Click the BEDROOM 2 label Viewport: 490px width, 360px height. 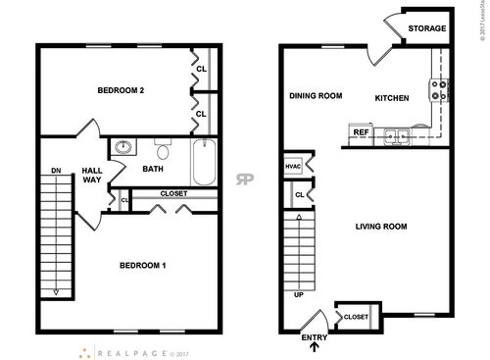(x=121, y=91)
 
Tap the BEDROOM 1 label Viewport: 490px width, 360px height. (x=142, y=266)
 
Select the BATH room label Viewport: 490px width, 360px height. (x=153, y=170)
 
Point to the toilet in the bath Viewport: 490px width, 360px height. (x=164, y=151)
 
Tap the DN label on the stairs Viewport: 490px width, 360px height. (x=57, y=172)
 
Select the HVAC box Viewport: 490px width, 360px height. (x=293, y=167)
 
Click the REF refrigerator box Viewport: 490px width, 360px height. (x=361, y=132)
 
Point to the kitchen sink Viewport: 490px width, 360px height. (x=397, y=135)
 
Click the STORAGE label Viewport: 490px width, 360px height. (x=427, y=29)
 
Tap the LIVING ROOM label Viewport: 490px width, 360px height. (x=381, y=227)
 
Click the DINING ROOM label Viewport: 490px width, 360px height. (x=315, y=96)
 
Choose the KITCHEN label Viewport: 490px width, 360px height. (x=391, y=97)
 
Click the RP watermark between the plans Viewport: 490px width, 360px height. (x=243, y=180)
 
